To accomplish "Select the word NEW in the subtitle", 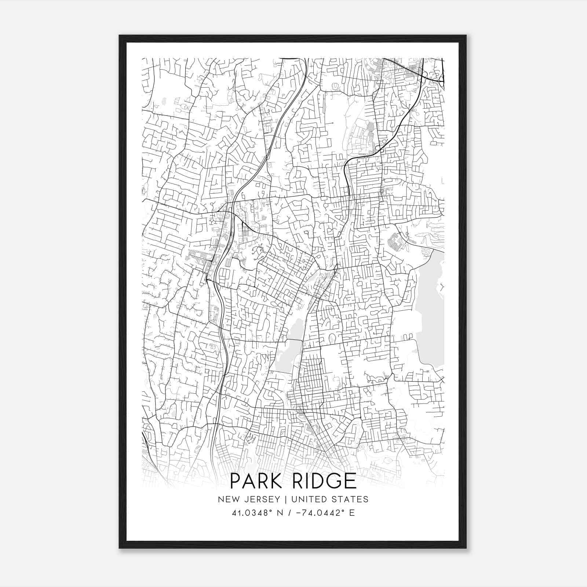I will point(227,499).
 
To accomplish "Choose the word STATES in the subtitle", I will point(351,499).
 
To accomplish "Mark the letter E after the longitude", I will point(353,513).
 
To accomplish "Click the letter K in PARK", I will point(275,481).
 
